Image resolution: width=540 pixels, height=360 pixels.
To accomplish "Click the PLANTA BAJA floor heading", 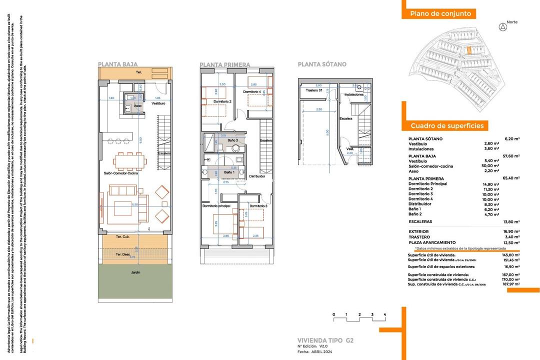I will coord(117,64).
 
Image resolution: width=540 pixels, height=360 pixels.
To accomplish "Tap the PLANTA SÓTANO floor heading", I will coord(321,64).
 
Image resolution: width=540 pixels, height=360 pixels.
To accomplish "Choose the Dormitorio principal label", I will coord(216,206).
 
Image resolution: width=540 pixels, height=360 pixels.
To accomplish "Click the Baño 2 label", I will coord(232,140).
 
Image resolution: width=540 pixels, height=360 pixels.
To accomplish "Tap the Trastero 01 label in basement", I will coord(313,90).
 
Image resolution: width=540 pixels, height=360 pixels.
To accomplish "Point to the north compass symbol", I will coord(502,27).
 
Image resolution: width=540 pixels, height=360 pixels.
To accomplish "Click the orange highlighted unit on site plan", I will coord(469,49).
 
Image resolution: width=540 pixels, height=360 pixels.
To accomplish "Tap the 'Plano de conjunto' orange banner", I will coord(440,14).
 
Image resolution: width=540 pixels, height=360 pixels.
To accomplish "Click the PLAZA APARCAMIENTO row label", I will coord(432,242).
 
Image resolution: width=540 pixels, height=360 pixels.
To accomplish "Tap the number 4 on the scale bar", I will coord(384,314).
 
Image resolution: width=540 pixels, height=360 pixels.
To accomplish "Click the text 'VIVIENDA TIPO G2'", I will coord(325,340).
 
